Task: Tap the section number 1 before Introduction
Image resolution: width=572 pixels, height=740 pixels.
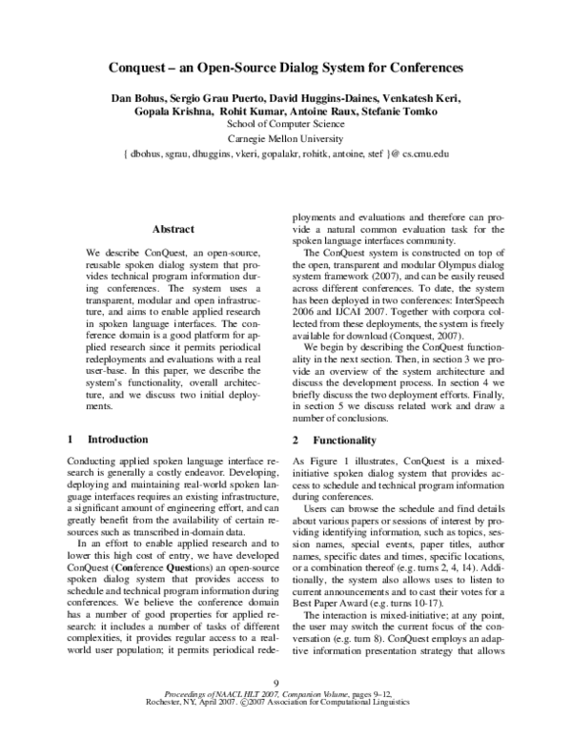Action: point(70,440)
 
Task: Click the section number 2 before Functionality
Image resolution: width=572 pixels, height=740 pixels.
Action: point(296,440)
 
